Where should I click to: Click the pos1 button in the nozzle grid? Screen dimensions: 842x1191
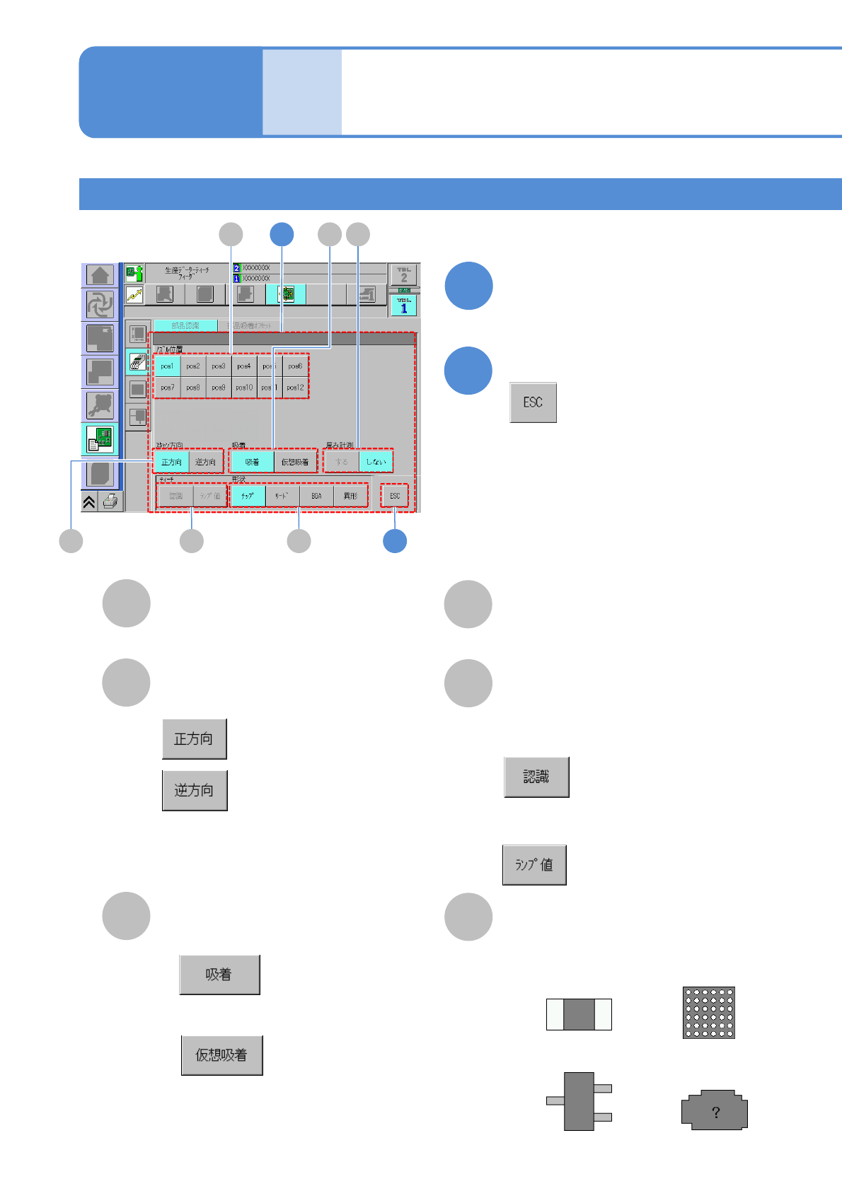(167, 366)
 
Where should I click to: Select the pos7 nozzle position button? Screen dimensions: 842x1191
(167, 388)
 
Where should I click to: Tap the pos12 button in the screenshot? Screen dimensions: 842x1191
(295, 388)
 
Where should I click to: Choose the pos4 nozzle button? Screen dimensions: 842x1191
(244, 366)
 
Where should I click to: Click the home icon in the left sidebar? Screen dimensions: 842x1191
(100, 275)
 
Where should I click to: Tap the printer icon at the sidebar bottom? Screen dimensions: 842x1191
(110, 501)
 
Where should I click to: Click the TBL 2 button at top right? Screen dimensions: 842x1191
(404, 274)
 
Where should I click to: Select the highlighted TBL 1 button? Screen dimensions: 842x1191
(404, 306)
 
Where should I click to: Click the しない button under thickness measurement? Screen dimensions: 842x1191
(376, 462)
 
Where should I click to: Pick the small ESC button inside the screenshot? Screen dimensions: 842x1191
(395, 496)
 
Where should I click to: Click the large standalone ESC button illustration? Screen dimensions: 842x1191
(533, 402)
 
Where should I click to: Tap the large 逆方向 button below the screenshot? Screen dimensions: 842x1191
(195, 790)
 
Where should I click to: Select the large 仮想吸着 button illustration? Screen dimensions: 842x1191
(221, 1055)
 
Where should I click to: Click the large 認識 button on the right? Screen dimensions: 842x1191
(536, 777)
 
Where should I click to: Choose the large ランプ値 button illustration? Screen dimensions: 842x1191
(534, 865)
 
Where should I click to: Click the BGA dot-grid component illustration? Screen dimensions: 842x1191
(708, 1013)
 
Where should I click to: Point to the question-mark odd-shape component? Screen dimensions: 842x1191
(715, 1110)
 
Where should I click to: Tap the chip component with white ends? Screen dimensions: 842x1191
(579, 1014)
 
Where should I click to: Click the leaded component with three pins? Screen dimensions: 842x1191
(579, 1101)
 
